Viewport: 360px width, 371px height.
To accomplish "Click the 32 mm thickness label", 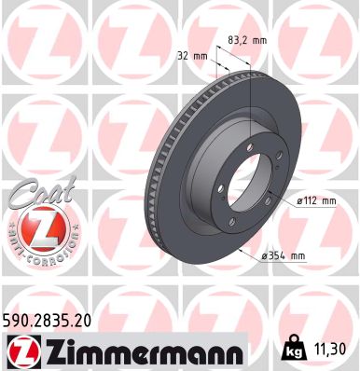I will [x=191, y=55].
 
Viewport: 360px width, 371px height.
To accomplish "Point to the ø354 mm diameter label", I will [x=285, y=255].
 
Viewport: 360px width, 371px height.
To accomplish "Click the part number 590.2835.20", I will [x=54, y=320].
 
